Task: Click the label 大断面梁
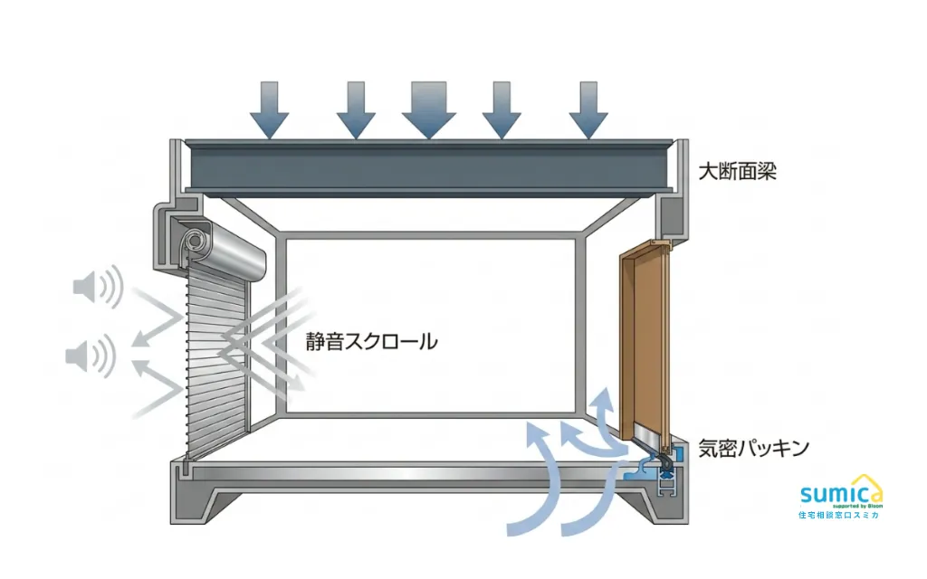click(x=737, y=172)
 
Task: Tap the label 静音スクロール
click(x=371, y=341)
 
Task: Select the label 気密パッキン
click(x=753, y=448)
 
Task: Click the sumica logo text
click(x=839, y=494)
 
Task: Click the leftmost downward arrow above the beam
click(x=269, y=109)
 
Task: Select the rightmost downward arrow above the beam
click(x=588, y=109)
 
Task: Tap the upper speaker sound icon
click(x=98, y=287)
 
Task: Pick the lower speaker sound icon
click(x=90, y=356)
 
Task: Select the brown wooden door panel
click(x=645, y=343)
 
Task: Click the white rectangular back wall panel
click(x=430, y=326)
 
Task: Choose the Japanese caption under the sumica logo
click(x=839, y=515)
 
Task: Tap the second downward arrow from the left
click(x=356, y=109)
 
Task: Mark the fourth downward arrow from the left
click(x=502, y=109)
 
